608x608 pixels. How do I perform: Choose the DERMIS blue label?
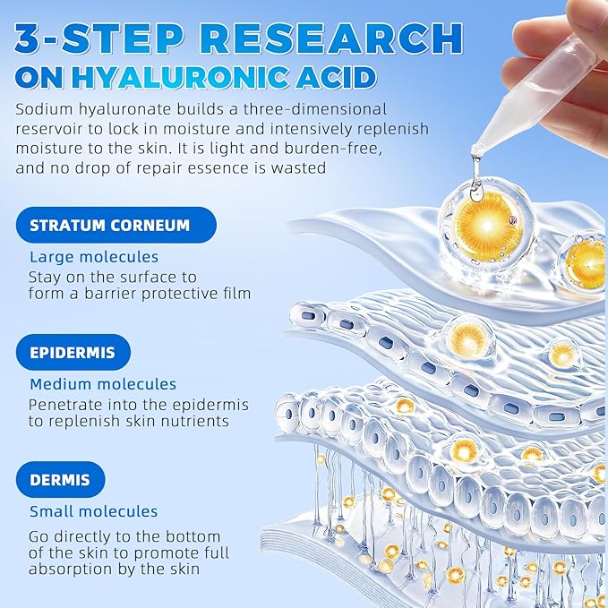click(60, 480)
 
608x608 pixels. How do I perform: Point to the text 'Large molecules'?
click(94, 257)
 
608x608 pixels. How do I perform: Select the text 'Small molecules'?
click(93, 512)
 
